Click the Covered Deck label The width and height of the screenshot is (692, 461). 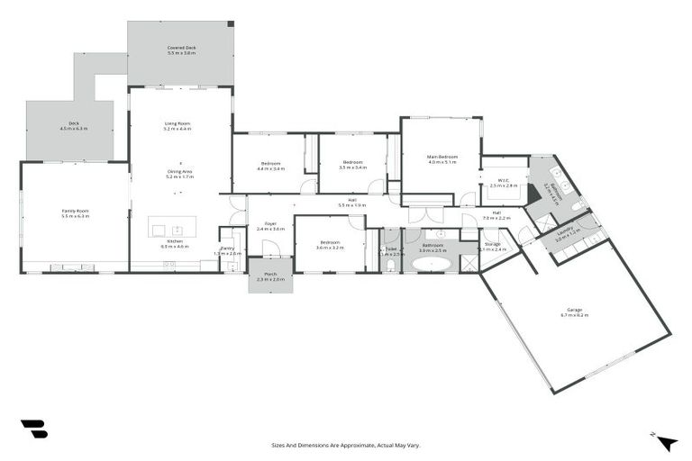(x=181, y=48)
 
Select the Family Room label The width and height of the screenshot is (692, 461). (x=75, y=211)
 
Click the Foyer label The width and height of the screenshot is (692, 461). (x=270, y=224)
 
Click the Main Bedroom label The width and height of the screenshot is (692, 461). (x=442, y=157)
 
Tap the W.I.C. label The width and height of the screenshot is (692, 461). (x=504, y=180)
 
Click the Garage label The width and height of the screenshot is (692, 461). (x=574, y=309)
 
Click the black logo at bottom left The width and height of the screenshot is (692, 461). (x=33, y=429)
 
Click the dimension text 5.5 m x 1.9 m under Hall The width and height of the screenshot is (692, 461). (x=352, y=205)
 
